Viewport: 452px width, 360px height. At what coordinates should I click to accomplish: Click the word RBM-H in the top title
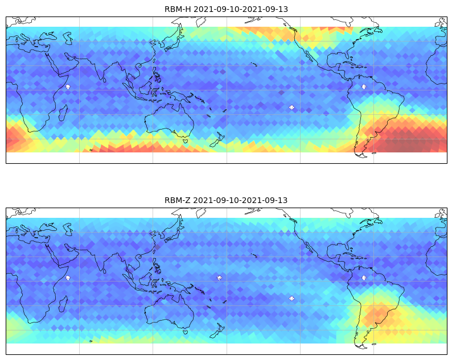coord(178,9)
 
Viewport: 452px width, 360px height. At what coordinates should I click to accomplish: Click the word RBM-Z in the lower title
coord(177,200)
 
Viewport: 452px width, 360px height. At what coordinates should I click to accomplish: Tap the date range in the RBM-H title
coord(240,9)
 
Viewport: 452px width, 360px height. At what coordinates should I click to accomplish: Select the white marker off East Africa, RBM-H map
coord(68,86)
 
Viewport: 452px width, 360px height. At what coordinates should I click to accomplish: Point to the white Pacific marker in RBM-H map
coord(291,107)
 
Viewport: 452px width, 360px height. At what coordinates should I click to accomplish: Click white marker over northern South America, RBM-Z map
coord(364,278)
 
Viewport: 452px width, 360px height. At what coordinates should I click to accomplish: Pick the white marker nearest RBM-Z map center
coord(220,278)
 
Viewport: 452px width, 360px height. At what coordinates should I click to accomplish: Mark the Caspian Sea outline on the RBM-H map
coord(68,38)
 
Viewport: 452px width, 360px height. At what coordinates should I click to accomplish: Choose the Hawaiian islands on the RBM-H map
coord(254,64)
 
